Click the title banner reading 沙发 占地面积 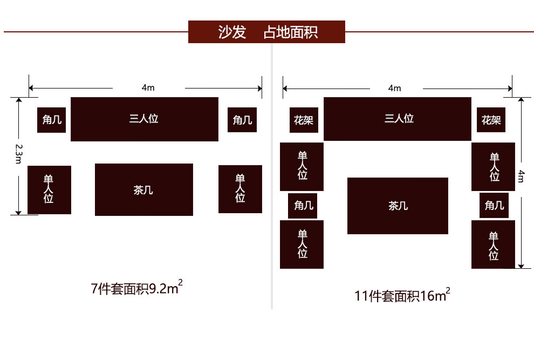click(266, 32)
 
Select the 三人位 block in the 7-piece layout click(145, 119)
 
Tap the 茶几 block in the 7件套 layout click(144, 189)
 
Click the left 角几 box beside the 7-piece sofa click(52, 120)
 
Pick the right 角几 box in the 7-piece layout click(242, 120)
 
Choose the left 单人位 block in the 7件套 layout click(49, 189)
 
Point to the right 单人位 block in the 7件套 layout click(240, 189)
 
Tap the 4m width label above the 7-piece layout click(148, 87)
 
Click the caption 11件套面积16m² click(402, 296)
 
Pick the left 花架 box click(304, 120)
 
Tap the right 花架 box click(491, 120)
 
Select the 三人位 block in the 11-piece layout click(398, 119)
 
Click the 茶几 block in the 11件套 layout click(398, 206)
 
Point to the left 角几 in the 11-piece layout click(303, 206)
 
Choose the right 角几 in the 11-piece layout click(494, 206)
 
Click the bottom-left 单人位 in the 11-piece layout click(302, 244)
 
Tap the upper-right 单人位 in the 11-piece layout click(493, 166)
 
